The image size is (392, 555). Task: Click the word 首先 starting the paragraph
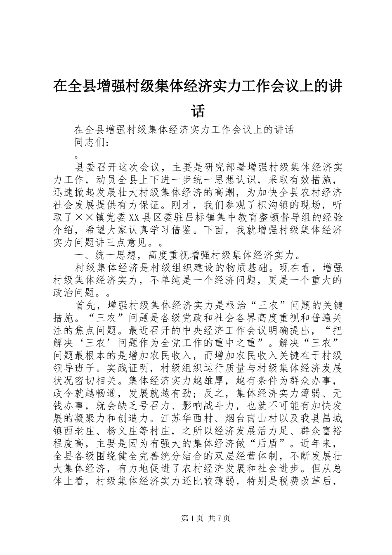pyautogui.click(x=85, y=306)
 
